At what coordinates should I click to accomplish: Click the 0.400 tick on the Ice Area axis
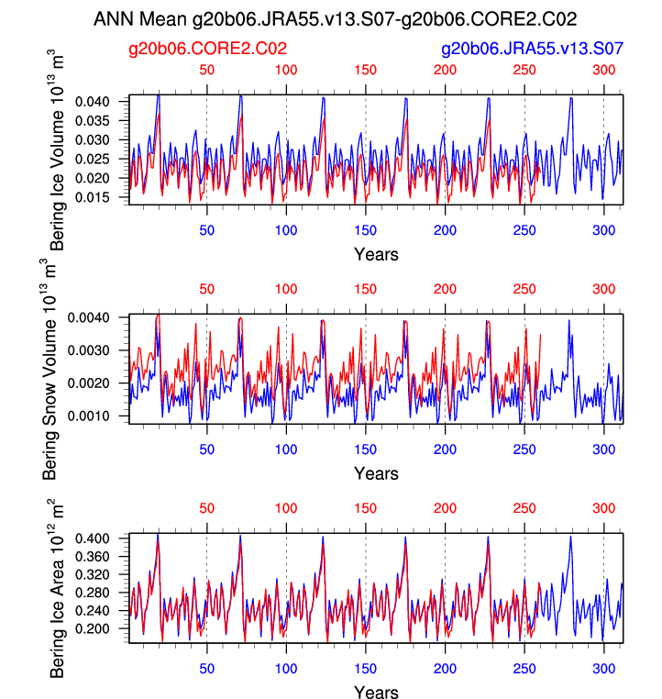click(x=106, y=538)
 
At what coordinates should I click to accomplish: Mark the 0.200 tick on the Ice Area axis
click(x=106, y=628)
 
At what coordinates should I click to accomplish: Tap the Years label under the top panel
click(x=376, y=254)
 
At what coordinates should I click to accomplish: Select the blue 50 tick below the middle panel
click(x=207, y=450)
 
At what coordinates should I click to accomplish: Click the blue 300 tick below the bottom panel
click(x=603, y=669)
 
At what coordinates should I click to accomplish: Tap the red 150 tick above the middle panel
click(x=366, y=289)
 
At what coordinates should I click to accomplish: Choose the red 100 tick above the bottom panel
click(x=286, y=507)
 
